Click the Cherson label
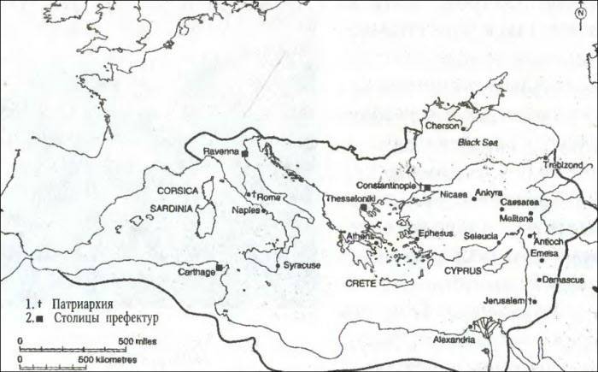(x=441, y=126)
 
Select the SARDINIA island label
(x=175, y=207)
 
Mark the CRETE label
(x=361, y=281)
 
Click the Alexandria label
(x=452, y=340)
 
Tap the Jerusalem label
(x=501, y=301)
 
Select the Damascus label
(x=565, y=279)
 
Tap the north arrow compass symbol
(x=579, y=9)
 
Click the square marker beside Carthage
(x=220, y=268)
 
